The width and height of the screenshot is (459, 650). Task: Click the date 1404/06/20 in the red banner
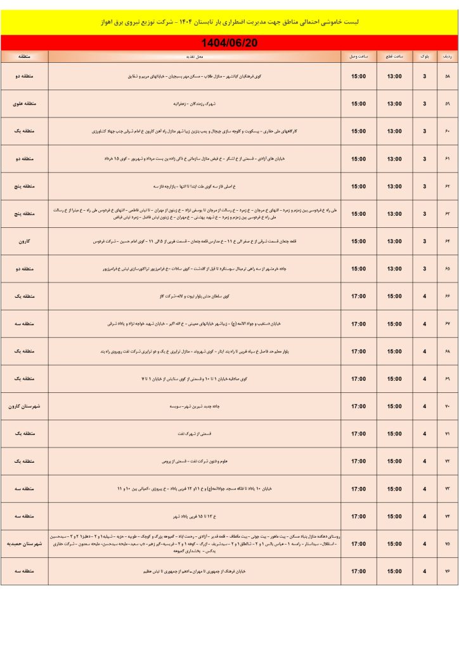click(229, 43)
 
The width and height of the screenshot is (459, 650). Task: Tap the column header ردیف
click(446, 56)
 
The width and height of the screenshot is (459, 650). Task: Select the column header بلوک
click(423, 56)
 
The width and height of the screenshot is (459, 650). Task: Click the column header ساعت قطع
click(394, 56)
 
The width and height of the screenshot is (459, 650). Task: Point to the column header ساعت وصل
click(358, 56)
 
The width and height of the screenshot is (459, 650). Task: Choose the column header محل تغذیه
click(195, 56)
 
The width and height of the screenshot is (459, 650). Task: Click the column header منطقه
click(25, 56)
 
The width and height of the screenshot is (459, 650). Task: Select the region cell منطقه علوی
click(25, 104)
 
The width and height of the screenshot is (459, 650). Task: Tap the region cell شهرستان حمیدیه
click(25, 544)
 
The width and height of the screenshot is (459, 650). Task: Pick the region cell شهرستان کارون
click(25, 406)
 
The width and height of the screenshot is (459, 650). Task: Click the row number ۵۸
click(446, 77)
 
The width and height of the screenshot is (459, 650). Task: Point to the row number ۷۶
click(446, 571)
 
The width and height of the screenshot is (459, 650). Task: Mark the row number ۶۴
click(446, 241)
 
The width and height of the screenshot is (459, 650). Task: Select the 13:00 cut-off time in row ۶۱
click(394, 159)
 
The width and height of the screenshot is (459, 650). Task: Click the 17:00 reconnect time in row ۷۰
click(358, 406)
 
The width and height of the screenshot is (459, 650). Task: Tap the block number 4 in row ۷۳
click(423, 489)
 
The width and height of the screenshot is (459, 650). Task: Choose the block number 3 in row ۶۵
click(423, 269)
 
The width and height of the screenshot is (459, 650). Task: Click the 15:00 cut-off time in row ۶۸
click(394, 351)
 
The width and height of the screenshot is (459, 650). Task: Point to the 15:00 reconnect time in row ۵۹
click(358, 104)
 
